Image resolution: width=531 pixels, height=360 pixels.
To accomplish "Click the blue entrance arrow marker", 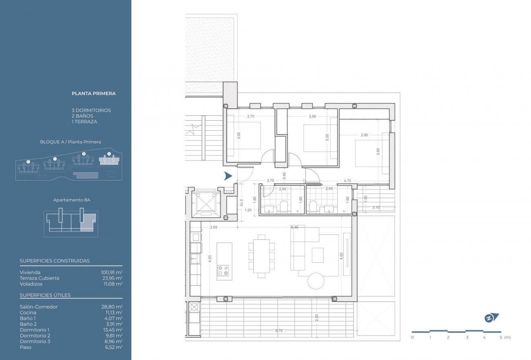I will pyautogui.click(x=228, y=176).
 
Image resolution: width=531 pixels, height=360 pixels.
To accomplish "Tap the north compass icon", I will pyautogui.click(x=491, y=318).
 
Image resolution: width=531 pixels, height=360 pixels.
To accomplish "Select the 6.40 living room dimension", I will pyautogui.click(x=294, y=227).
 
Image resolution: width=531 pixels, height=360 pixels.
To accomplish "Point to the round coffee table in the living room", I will pyautogui.click(x=316, y=281).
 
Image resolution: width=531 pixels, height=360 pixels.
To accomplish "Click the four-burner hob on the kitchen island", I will pyautogui.click(x=223, y=270).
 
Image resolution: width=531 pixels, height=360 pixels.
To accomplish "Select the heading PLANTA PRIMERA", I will pyautogui.click(x=93, y=93).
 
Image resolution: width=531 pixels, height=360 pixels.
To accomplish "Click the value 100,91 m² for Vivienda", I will pyautogui.click(x=111, y=272).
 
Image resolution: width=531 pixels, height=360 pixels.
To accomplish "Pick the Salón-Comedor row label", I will pyautogui.click(x=39, y=307).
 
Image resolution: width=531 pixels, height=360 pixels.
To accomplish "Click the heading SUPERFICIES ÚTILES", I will pyautogui.click(x=45, y=295).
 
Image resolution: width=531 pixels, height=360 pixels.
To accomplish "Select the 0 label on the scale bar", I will pyautogui.click(x=412, y=337).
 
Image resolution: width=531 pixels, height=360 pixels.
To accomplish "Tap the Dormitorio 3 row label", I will pyautogui.click(x=35, y=341).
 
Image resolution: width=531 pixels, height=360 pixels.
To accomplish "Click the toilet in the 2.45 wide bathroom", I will pyautogui.click(x=284, y=206).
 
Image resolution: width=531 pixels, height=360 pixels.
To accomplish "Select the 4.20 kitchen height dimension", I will pyautogui.click(x=209, y=259).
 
